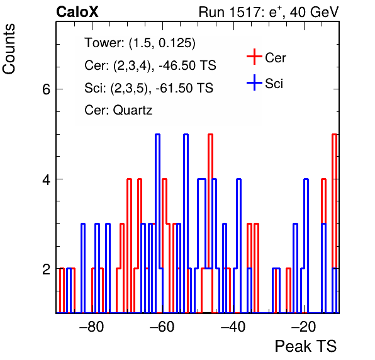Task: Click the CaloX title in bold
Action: click(77, 12)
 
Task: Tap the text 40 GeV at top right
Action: click(314, 12)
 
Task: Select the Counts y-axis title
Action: click(9, 49)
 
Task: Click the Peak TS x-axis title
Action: click(306, 346)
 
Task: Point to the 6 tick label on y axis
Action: click(46, 89)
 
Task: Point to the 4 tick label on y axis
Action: click(46, 179)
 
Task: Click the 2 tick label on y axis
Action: click(46, 269)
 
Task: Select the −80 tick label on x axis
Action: click(92, 326)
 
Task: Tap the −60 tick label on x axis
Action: click(162, 326)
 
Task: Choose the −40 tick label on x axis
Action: click(233, 326)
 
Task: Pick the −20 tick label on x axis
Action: click(304, 326)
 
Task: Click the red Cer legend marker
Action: click(254, 57)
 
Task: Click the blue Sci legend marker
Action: click(254, 82)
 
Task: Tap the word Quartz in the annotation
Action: click(133, 111)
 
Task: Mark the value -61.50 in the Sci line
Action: click(173, 87)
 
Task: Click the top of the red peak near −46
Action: click(210, 135)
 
